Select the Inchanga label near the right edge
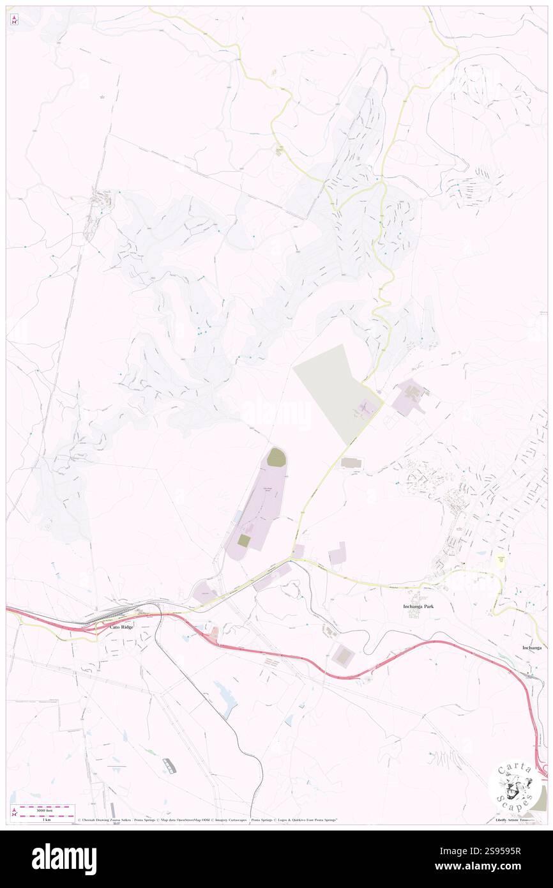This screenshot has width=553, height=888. coord(531,647)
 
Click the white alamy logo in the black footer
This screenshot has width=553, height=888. coord(64,859)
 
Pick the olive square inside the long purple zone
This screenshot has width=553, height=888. coord(244,540)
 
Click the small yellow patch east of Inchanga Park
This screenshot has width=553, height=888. coord(502,560)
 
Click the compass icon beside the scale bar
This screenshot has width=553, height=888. coord(14,812)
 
